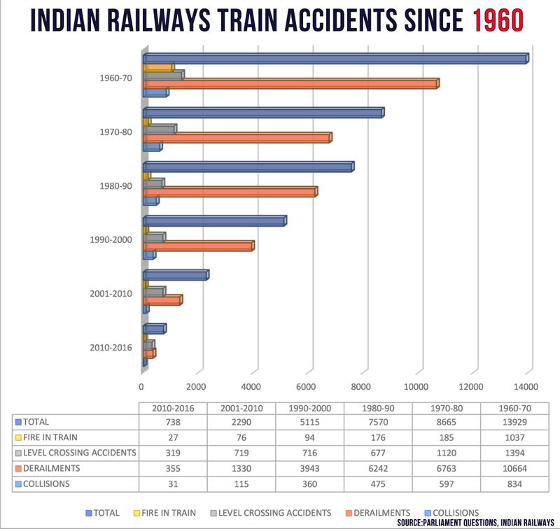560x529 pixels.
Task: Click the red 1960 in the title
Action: tap(497, 21)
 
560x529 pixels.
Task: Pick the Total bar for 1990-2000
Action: tap(213, 221)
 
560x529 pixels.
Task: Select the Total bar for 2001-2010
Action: tap(175, 276)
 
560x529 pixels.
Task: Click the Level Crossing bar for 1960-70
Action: tap(162, 75)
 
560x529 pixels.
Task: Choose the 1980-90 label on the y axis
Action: tap(116, 186)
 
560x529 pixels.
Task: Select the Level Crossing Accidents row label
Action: tap(78, 453)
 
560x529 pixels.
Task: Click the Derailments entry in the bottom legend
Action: tap(381, 513)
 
